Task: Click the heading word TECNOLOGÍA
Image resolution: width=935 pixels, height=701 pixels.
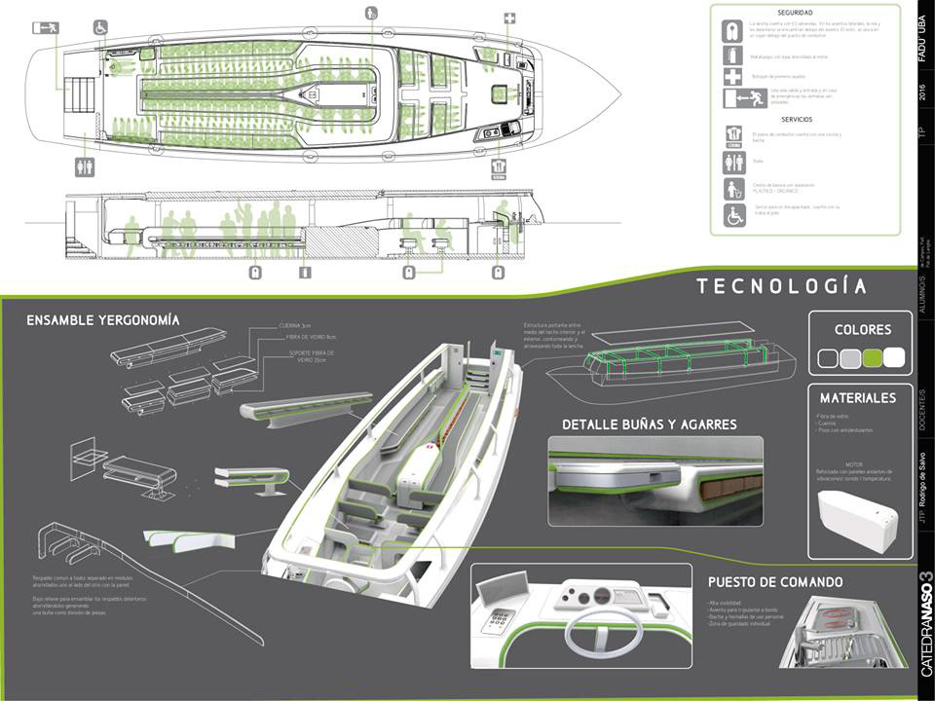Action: (781, 285)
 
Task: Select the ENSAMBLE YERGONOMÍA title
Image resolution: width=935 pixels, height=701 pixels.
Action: (103, 319)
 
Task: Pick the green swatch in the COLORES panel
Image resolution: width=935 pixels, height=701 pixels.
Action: (874, 358)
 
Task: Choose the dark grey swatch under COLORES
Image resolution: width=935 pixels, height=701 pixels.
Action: (829, 358)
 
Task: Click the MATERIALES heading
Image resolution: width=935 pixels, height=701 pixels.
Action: (857, 397)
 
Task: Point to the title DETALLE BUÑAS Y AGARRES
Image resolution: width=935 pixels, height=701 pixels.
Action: (650, 424)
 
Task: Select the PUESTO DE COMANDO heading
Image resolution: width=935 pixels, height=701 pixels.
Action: (775, 582)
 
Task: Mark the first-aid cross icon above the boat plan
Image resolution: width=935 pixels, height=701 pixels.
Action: (509, 18)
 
